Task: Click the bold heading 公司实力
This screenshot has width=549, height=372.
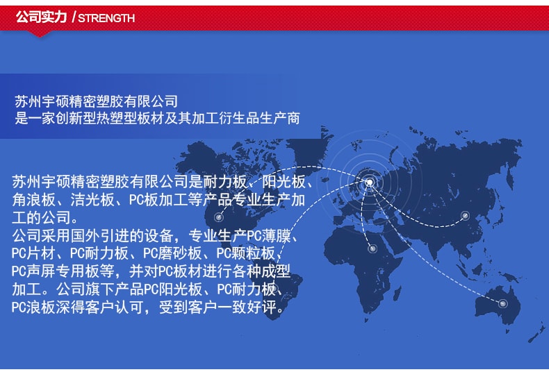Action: [x=41, y=17]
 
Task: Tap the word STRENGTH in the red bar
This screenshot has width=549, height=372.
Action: [x=106, y=18]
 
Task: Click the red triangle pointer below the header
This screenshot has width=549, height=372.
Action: [x=40, y=33]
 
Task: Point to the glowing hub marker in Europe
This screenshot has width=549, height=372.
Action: [x=370, y=182]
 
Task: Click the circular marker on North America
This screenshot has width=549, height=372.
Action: [x=219, y=217]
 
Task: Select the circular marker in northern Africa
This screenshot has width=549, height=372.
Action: [x=372, y=248]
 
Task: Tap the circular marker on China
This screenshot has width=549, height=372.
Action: [x=465, y=216]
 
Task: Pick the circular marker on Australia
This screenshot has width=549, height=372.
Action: [x=502, y=303]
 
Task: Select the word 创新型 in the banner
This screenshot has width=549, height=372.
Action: [x=76, y=118]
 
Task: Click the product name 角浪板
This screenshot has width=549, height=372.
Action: [x=33, y=200]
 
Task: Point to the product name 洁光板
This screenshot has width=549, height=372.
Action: [x=92, y=200]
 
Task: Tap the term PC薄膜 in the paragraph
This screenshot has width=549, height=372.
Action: [x=269, y=236]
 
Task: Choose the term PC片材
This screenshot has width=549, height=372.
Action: [x=33, y=253]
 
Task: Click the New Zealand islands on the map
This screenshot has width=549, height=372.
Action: [x=537, y=333]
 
